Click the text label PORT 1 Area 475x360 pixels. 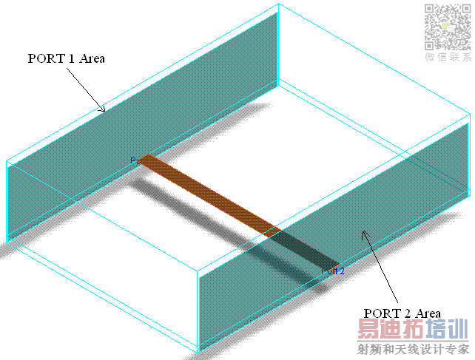66,58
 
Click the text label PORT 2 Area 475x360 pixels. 402,313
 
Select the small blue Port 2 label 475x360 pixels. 333,271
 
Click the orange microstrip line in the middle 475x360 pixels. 211,194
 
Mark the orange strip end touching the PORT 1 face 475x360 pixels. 147,159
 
